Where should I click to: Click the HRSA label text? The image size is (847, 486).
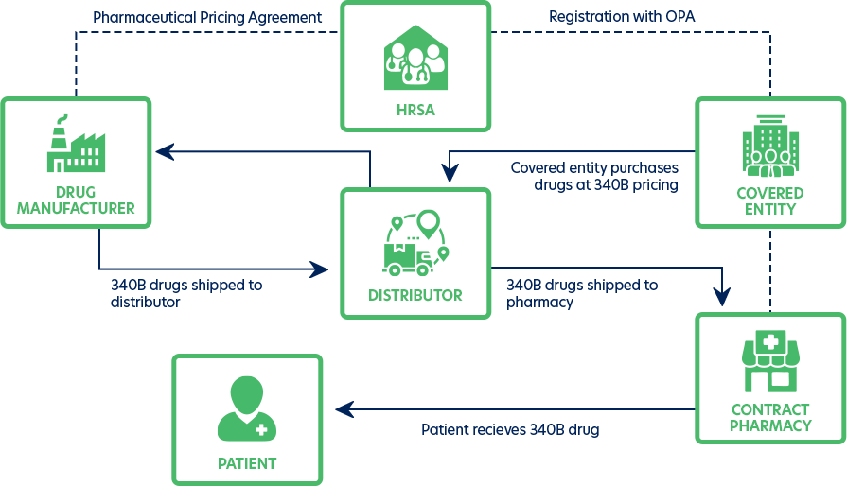coord(415,110)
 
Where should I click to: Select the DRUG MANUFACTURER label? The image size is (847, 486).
coord(76,200)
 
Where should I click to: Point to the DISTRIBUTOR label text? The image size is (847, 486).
coord(415,295)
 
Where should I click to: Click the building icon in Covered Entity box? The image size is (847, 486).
coord(769,147)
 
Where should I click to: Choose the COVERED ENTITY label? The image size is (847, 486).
coord(769,200)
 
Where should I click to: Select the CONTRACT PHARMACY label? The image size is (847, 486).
coord(769,417)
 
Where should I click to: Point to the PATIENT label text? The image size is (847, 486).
coord(247,463)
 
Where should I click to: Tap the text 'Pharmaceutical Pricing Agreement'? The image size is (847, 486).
coord(207,17)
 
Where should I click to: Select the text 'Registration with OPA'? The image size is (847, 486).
coord(622,17)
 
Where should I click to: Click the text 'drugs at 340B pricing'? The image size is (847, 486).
coord(606,185)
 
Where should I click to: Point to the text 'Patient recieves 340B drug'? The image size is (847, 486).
coord(510,429)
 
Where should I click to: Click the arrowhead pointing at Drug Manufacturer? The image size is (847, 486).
coord(165,151)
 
